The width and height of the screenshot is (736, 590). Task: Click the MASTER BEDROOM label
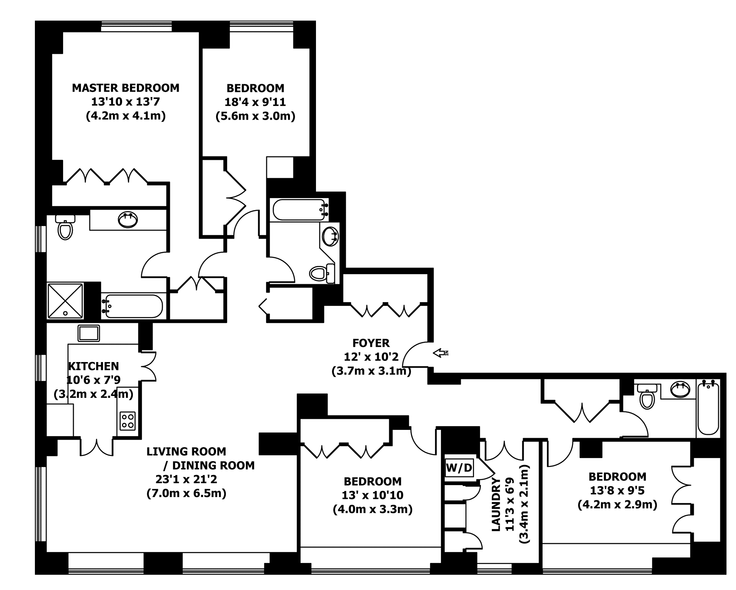click(x=126, y=88)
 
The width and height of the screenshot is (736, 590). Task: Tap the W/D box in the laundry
click(x=459, y=468)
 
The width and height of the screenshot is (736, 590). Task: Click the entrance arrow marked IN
click(x=441, y=353)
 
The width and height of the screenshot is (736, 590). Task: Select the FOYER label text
click(x=371, y=343)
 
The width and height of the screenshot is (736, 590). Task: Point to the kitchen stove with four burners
click(x=128, y=421)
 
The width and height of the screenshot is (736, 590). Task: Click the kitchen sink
click(x=89, y=333)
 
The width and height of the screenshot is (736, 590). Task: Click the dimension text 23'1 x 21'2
click(x=187, y=479)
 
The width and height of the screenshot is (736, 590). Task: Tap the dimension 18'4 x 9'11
click(x=255, y=102)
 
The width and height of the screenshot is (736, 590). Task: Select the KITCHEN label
click(x=94, y=366)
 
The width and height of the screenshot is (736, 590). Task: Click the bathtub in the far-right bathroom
click(x=708, y=408)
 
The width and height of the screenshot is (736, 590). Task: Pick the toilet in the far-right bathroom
click(x=647, y=397)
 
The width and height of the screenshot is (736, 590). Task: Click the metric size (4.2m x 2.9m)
click(x=618, y=504)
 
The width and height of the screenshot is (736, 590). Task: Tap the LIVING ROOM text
click(x=187, y=451)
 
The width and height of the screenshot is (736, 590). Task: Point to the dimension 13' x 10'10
click(x=373, y=495)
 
